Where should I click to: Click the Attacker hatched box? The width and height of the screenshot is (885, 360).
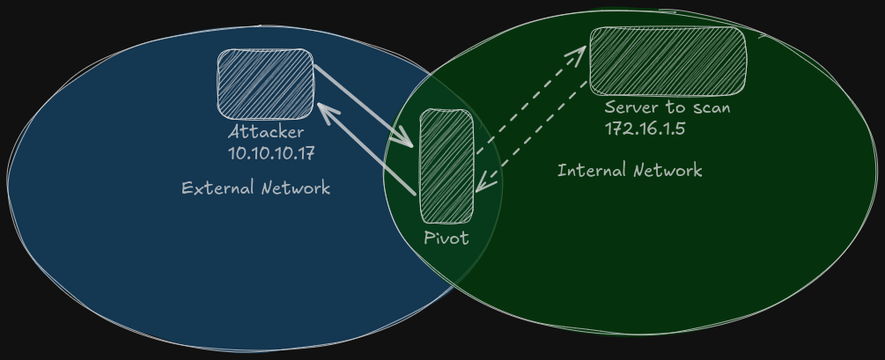click(x=265, y=84)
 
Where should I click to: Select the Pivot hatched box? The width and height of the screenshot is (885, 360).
click(x=446, y=165)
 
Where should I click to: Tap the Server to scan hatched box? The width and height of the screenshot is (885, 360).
click(x=667, y=61)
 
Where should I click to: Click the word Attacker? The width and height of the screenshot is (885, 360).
click(x=266, y=132)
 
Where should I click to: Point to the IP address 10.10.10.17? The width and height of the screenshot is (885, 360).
click(x=271, y=152)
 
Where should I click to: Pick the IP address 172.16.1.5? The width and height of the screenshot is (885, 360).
click(x=645, y=128)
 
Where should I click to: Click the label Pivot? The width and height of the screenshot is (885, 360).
click(x=446, y=238)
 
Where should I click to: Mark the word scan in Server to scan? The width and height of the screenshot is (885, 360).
click(x=712, y=107)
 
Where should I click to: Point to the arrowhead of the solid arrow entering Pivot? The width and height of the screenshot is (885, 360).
click(x=408, y=141)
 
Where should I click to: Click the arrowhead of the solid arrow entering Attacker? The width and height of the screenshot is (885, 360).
click(x=324, y=109)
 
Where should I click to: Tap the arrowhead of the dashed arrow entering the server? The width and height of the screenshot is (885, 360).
click(x=579, y=52)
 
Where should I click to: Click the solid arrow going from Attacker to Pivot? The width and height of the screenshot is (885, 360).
click(x=361, y=104)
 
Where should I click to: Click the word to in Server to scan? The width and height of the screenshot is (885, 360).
click(x=675, y=107)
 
